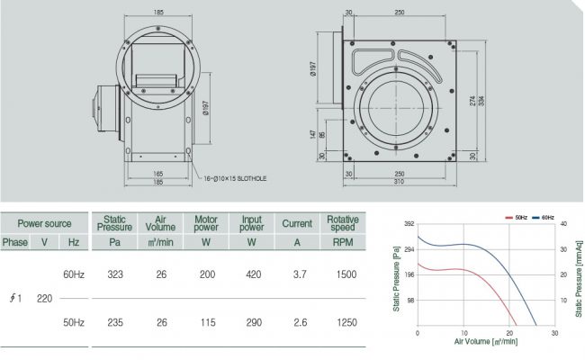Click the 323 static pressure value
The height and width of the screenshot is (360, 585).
coord(115,274)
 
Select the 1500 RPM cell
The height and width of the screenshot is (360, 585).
coord(346,274)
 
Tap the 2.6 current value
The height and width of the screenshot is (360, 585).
coord(300,322)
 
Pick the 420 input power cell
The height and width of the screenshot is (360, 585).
coord(253,274)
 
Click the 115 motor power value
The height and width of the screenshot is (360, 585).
coord(207,322)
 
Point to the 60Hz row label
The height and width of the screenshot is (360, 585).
coord(74,274)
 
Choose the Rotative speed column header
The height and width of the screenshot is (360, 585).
coord(343,223)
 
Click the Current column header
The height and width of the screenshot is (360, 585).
coord(297,223)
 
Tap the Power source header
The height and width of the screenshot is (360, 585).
coord(44,223)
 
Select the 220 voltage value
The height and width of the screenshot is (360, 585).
coord(44,299)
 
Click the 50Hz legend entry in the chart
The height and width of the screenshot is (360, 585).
coord(517,218)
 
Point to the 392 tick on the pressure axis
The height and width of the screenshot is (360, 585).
coord(409,224)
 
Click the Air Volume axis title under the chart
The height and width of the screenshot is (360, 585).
coord(486,341)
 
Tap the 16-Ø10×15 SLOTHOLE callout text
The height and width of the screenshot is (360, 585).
coord(235,179)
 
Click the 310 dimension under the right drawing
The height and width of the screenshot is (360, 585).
coord(399,182)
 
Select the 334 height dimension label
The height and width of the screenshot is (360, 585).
coord(481,101)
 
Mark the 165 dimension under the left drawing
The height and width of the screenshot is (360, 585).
coord(158,174)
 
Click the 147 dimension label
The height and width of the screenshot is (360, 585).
coord(312,134)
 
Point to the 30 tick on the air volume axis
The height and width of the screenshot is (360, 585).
coord(554,333)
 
